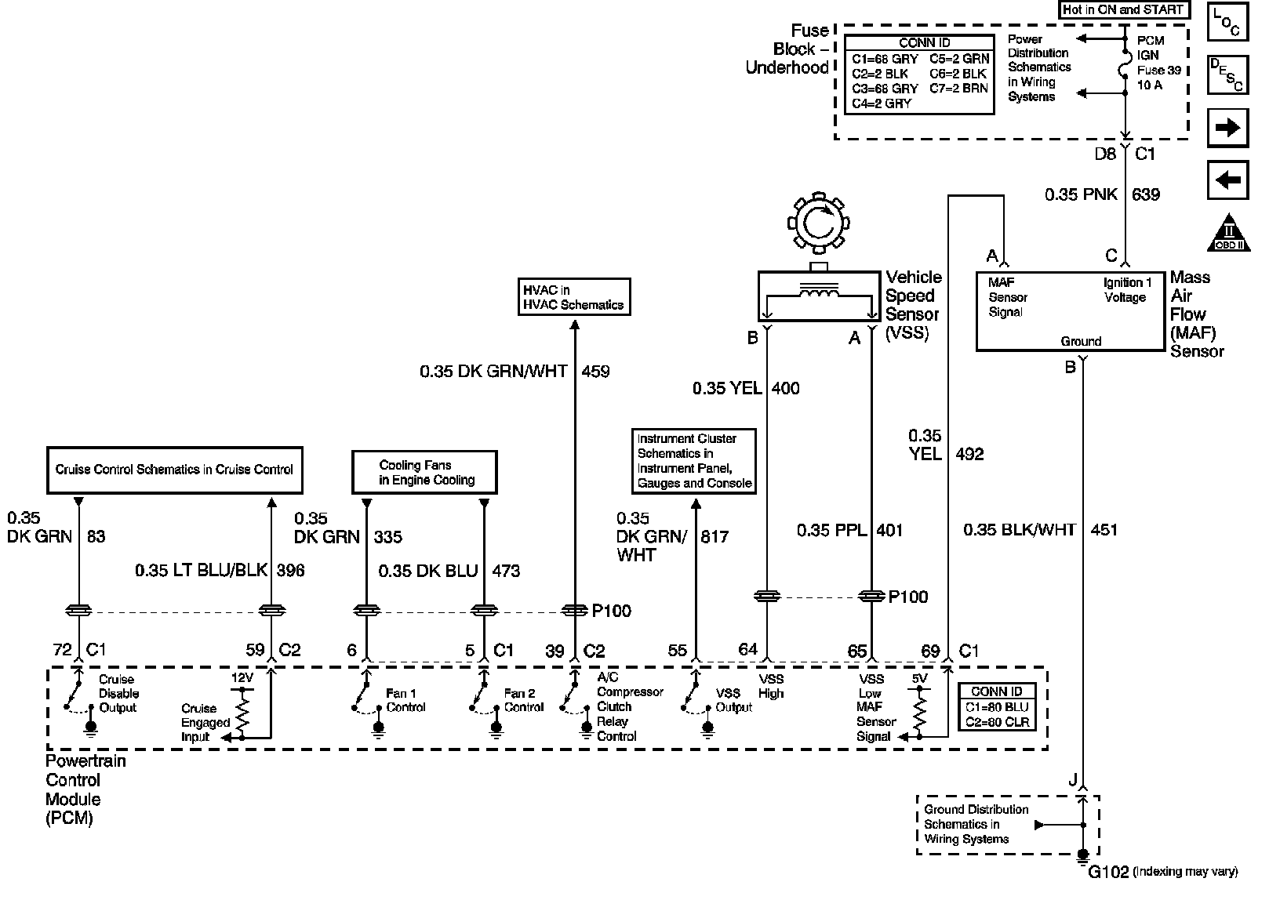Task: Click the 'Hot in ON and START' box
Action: pyautogui.click(x=1122, y=10)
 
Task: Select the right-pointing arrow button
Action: pyautogui.click(x=1227, y=128)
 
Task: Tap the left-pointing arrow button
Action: pyautogui.click(x=1227, y=181)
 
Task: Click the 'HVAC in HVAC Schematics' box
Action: pyautogui.click(x=574, y=296)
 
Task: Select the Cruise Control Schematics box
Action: pyautogui.click(x=174, y=470)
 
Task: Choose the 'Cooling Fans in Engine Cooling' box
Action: pyautogui.click(x=424, y=471)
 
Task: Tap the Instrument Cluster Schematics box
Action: pyautogui.click(x=694, y=461)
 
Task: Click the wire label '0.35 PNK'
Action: pyautogui.click(x=1081, y=194)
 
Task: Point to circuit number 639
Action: pyautogui.click(x=1146, y=194)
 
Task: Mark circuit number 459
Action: pyautogui.click(x=595, y=371)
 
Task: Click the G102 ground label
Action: pyautogui.click(x=1108, y=871)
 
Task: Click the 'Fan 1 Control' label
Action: pyautogui.click(x=405, y=700)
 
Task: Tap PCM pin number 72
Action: pyautogui.click(x=62, y=650)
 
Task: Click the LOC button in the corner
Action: pyautogui.click(x=1227, y=21)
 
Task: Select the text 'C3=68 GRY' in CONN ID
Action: pyautogui.click(x=885, y=89)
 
